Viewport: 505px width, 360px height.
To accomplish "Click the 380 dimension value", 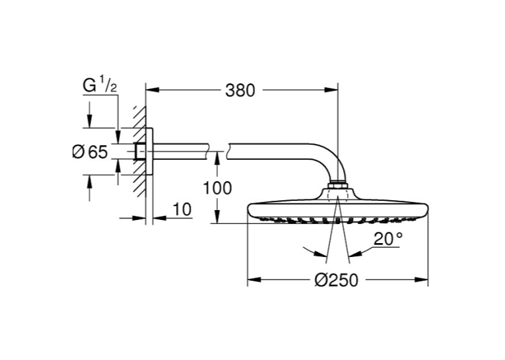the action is tap(240, 90).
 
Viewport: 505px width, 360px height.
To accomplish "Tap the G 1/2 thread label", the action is tap(100, 86).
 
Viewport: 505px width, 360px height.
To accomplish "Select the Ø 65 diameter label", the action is tap(90, 152).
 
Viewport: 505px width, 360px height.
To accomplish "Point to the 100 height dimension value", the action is tap(217, 188).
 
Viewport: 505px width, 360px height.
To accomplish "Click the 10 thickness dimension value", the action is tap(182, 209).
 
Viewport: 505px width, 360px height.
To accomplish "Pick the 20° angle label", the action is tap(387, 239).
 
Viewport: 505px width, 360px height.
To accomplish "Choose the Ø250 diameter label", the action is tap(336, 280).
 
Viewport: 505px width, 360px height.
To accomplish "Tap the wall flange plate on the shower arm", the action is tap(149, 151).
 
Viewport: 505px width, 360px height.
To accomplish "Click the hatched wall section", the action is tap(140, 151).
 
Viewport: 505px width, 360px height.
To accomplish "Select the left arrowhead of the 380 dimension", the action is tap(152, 90).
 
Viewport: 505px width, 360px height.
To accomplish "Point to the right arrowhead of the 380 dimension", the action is tap(332, 90).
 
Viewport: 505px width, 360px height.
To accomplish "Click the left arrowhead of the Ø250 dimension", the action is tap(253, 280).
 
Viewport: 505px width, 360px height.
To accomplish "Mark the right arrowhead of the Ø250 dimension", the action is tap(422, 280).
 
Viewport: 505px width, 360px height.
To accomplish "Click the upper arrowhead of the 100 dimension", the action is tap(217, 158).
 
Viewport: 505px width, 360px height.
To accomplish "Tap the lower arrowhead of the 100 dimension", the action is tap(217, 217).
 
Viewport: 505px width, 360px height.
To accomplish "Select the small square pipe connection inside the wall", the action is tap(141, 151).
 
